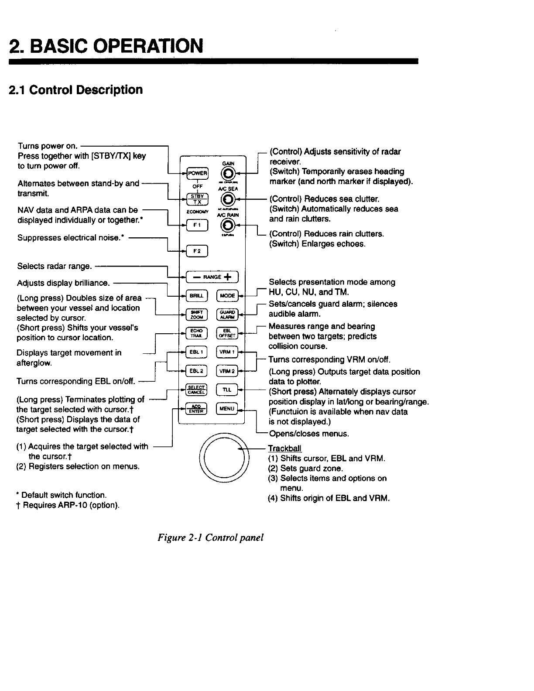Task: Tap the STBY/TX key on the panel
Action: tap(197, 198)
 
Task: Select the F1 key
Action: tap(197, 225)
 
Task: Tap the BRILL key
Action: tap(197, 295)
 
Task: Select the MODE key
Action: tap(228, 295)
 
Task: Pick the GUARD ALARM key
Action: tap(228, 314)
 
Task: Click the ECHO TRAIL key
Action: tap(197, 332)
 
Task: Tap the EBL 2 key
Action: tap(197, 371)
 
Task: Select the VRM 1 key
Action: tap(228, 352)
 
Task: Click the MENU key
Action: tap(228, 409)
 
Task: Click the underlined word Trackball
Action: tap(284, 448)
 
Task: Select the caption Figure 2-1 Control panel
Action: tap(211, 537)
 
